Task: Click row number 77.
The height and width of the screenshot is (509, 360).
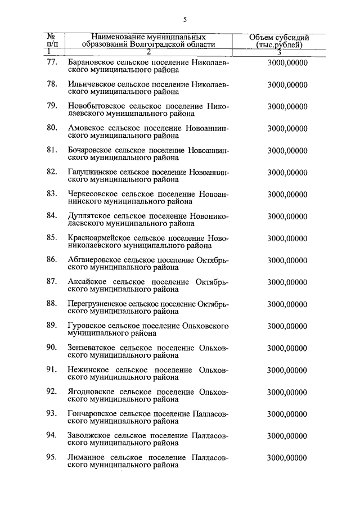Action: click(x=52, y=63)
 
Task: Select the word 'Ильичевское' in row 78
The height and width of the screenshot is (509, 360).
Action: click(x=89, y=84)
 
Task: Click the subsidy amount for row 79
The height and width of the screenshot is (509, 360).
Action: click(x=287, y=106)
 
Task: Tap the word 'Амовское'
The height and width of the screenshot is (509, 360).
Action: click(x=84, y=128)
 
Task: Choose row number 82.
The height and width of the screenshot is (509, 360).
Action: click(x=52, y=172)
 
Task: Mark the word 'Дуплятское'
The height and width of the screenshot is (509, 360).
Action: click(x=89, y=215)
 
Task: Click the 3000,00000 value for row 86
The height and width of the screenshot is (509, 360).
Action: click(x=287, y=260)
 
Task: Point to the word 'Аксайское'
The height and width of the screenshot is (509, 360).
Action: click(x=86, y=282)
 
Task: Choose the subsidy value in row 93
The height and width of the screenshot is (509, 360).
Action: click(x=287, y=414)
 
